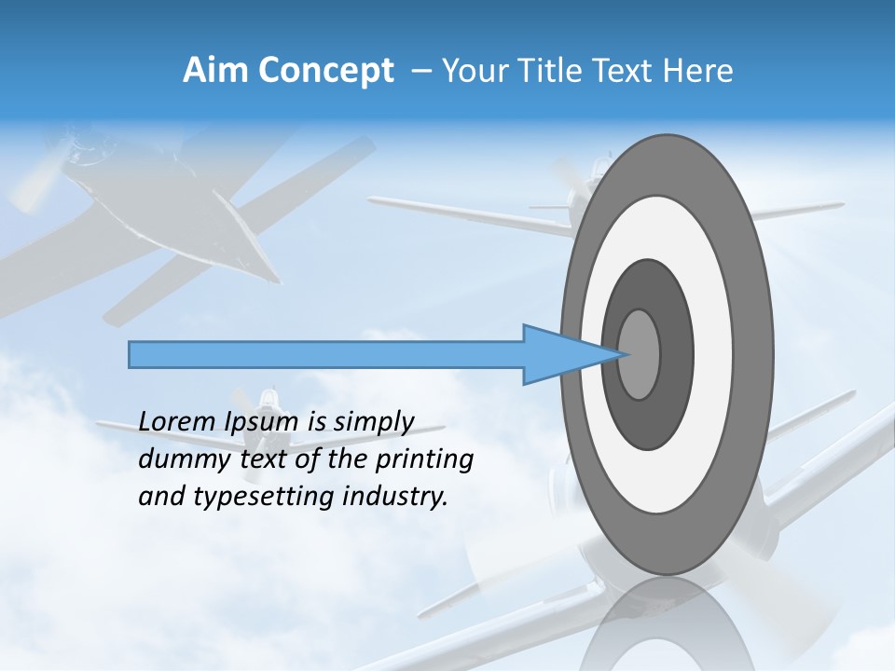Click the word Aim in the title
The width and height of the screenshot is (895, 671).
point(210,71)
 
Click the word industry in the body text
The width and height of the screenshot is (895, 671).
point(395,497)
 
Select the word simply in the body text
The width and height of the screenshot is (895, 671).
point(373,422)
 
